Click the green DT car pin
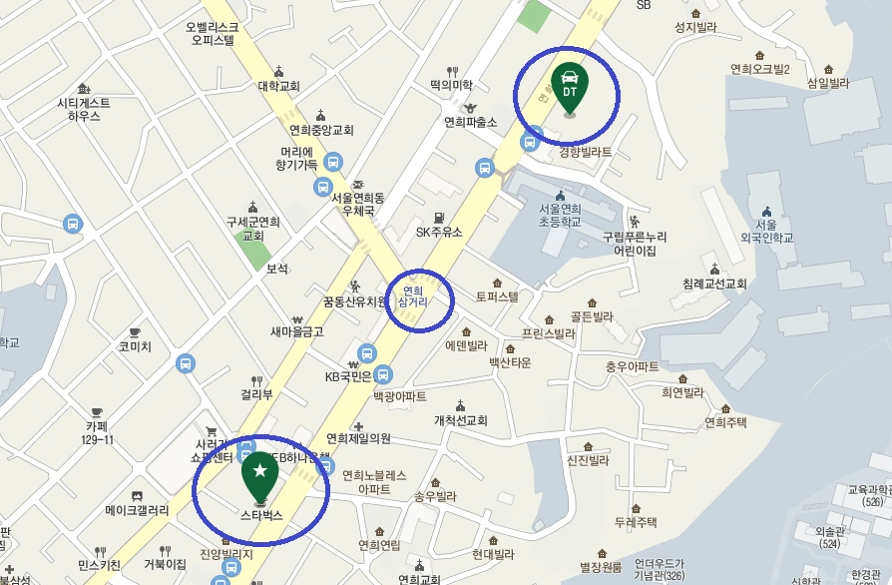point(570,86)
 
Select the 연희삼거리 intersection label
point(413,294)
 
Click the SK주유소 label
point(439,232)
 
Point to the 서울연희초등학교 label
point(559,216)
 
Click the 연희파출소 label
point(471,122)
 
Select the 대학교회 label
point(279,86)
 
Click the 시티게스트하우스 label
point(84,109)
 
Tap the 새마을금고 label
point(296,330)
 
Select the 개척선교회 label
point(460,420)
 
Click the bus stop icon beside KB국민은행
point(366,353)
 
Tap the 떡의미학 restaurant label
point(451,85)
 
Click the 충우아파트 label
point(632,366)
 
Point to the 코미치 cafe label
point(135,346)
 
